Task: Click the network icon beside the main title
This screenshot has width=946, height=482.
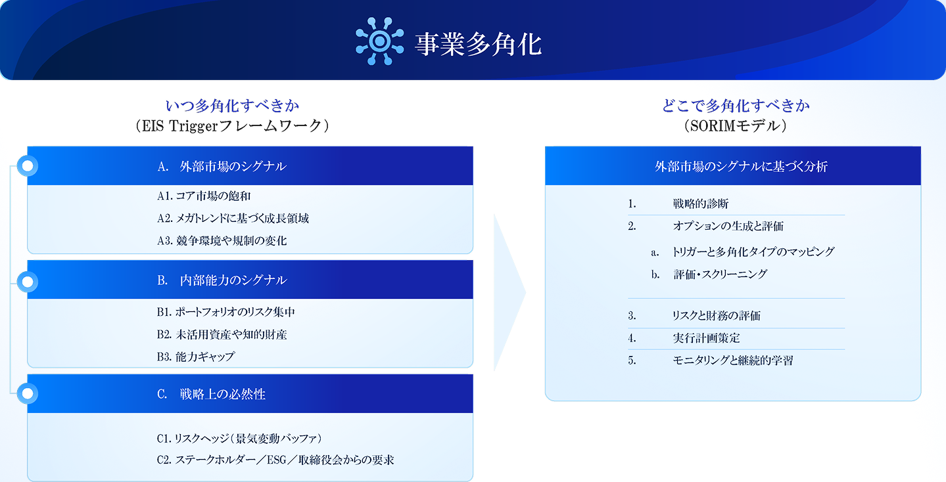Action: click(380, 41)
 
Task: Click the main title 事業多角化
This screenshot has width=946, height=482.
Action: click(478, 44)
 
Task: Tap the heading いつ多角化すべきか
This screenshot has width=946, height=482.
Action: click(232, 106)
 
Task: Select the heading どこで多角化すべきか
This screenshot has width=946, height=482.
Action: click(735, 106)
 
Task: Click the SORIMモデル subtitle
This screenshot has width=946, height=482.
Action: click(735, 125)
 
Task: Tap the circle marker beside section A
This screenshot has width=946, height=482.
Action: click(28, 165)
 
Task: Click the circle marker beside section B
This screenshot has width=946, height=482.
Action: click(28, 282)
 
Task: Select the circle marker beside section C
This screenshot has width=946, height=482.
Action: click(28, 393)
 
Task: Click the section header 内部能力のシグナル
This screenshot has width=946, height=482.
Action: click(233, 280)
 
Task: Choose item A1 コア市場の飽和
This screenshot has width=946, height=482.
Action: click(204, 196)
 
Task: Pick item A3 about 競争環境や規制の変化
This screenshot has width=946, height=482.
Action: click(222, 240)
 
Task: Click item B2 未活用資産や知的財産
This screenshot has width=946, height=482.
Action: click(222, 334)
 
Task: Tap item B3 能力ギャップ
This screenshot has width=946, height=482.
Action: click(196, 357)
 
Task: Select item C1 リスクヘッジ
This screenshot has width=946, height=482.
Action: click(239, 439)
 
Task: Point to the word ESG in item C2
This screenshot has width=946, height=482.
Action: click(277, 460)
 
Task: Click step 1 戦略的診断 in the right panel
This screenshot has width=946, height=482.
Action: click(701, 204)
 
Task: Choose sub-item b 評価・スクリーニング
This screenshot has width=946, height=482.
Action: click(720, 274)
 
